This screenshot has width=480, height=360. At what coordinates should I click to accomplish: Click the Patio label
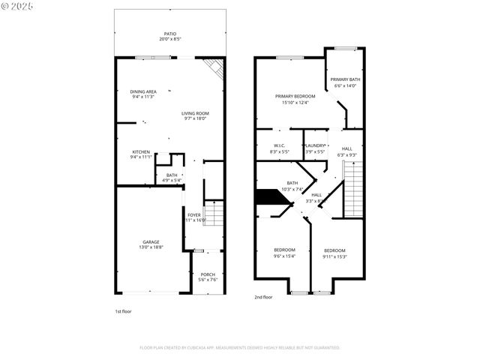point(169,36)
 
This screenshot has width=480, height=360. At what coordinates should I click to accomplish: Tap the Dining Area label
point(142,94)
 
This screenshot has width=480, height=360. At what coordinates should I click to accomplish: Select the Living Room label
point(195,115)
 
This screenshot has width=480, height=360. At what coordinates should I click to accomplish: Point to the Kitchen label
point(141,154)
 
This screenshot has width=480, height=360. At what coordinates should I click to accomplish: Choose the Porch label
point(208,277)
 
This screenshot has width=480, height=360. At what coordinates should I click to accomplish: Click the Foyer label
point(195,217)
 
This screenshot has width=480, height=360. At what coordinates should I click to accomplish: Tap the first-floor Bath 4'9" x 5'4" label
point(172,178)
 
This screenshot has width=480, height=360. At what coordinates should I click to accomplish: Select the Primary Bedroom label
point(295,99)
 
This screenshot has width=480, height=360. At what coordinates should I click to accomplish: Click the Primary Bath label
point(346,82)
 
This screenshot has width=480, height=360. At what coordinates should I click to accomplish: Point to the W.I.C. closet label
point(279,148)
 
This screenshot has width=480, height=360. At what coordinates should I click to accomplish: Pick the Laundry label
point(316,148)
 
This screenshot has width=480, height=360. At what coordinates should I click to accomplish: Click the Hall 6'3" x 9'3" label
point(347,151)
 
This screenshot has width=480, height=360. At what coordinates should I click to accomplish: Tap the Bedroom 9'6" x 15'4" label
point(284,253)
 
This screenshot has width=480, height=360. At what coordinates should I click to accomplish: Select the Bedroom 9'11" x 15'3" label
point(334,253)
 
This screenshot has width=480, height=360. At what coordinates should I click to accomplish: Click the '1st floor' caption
point(123,310)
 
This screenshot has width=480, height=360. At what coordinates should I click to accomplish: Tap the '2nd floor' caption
point(263,297)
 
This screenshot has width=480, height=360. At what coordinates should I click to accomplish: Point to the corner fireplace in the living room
point(215,67)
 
